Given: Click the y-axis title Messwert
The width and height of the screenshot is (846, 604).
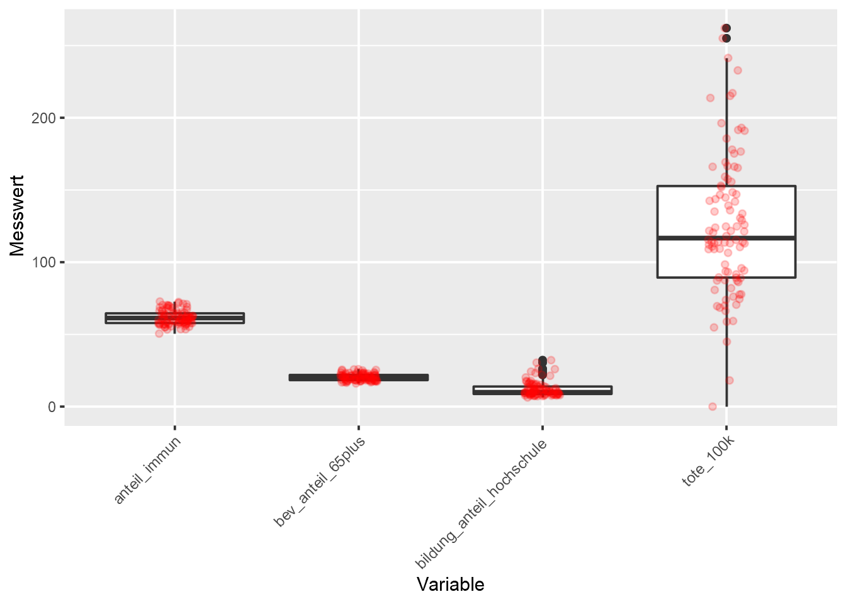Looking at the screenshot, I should [x=17, y=216].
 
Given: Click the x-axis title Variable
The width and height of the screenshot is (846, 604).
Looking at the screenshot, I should [x=450, y=584].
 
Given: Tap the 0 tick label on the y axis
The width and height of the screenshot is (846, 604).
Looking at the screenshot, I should [x=52, y=407].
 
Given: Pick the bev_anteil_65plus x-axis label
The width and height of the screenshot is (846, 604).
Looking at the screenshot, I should [x=320, y=481].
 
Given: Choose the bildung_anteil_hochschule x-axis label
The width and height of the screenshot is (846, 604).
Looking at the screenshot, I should [x=482, y=504].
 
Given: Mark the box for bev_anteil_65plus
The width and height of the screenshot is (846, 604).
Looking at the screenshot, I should [x=403, y=377].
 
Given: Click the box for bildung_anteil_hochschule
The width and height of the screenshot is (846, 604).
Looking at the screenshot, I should [x=585, y=390].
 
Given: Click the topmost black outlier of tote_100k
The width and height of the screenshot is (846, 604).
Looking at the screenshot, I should [x=726, y=28].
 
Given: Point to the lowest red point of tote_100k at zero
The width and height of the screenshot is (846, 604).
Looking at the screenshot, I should [x=713, y=406].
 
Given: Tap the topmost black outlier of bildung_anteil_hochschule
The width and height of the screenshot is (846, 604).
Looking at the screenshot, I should [x=543, y=360].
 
